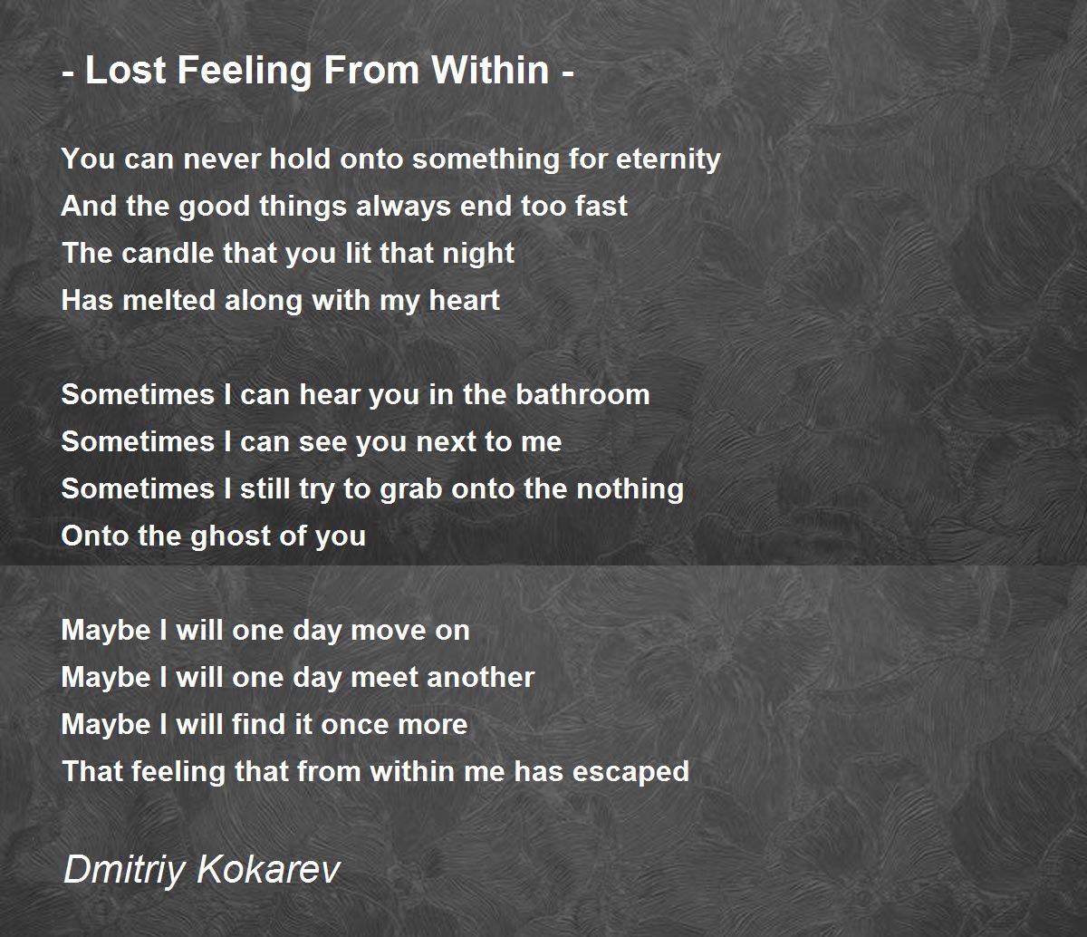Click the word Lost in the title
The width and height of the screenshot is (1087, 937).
pyautogui.click(x=122, y=70)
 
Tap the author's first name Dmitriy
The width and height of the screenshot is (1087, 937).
pyautogui.click(x=126, y=871)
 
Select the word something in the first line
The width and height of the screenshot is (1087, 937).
pyautogui.click(x=472, y=159)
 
